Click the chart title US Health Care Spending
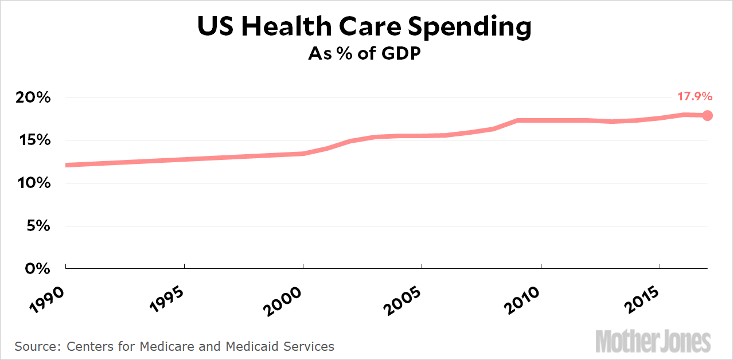[364, 27]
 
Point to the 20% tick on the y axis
[32, 97]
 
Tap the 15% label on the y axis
[33, 140]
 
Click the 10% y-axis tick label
[32, 183]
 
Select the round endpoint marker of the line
[707, 115]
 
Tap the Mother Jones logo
[653, 342]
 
